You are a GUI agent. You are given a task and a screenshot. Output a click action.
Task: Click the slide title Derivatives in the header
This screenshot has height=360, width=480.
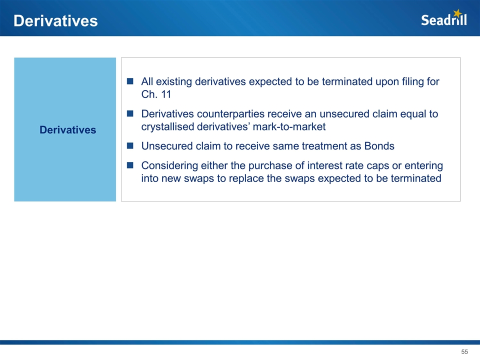55,21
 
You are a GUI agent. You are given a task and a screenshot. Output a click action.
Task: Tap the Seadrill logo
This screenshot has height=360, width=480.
444,18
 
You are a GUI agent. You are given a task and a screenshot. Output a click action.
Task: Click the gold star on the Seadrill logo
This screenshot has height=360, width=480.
457,13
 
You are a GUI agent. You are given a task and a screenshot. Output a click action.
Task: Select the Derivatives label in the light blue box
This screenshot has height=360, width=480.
67,130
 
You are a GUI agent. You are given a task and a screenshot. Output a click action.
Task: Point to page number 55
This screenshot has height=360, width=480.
464,351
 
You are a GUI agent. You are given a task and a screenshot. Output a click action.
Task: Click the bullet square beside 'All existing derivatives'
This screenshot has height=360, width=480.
130,81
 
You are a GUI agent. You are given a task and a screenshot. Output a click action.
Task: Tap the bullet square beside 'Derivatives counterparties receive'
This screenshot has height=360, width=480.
130,113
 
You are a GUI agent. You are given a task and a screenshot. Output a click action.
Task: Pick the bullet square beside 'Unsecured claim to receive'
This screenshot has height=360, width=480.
130,145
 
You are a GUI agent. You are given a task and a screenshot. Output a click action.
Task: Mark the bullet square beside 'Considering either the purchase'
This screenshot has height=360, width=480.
130,165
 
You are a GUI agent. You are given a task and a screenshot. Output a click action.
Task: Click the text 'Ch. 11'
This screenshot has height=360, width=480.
156,94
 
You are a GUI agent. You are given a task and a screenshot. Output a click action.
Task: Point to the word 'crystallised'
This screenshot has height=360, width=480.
168,126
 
